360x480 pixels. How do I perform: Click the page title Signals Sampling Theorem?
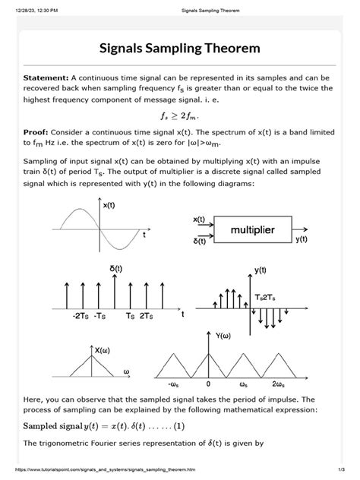180,49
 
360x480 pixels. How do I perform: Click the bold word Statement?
46,77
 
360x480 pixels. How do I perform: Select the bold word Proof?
39,132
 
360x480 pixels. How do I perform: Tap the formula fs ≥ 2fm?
180,116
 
